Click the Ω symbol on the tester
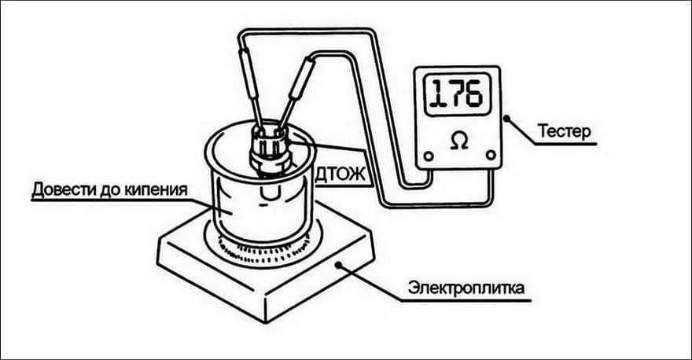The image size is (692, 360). coord(459,141)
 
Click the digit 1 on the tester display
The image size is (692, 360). coord(438,94)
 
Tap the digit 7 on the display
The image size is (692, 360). coord(456,94)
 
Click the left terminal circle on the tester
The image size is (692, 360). coord(428,156)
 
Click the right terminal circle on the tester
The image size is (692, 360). coord(491,155)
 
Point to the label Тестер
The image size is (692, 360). coord(564,131)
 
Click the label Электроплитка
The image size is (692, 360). coord(466,288)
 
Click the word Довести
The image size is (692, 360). coord(59,189)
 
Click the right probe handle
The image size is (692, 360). coord(303,79)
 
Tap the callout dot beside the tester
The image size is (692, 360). coord(506,118)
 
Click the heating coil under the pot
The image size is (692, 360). coord(263,256)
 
